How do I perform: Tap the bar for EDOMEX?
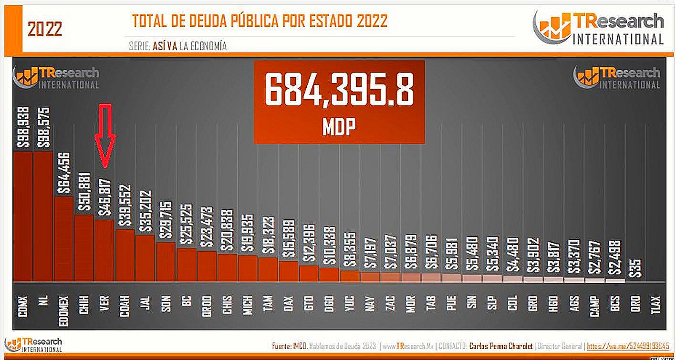point(63,238)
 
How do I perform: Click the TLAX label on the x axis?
point(655,306)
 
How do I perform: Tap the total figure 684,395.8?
point(339,91)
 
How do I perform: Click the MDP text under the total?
point(339,127)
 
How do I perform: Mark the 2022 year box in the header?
point(44,30)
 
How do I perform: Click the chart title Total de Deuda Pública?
point(260,21)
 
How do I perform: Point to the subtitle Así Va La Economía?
point(177,46)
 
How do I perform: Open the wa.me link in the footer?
point(628,346)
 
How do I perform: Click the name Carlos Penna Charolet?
point(500,346)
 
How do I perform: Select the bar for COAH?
point(125,255)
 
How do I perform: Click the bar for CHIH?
point(84,248)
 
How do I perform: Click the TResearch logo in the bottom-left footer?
point(33,345)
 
